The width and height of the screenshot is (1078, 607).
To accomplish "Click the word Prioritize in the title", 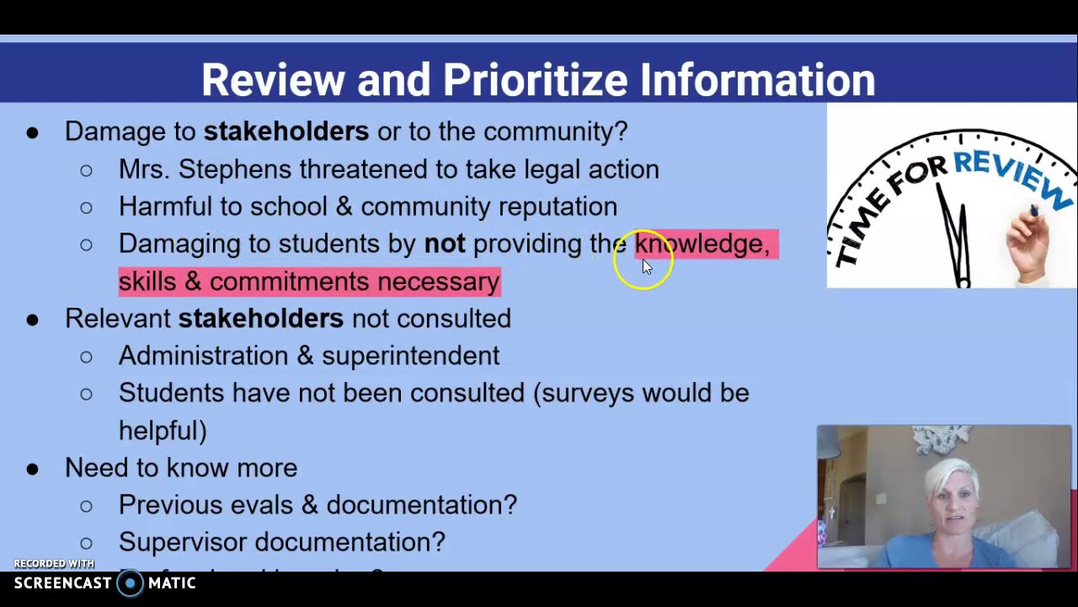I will (535, 80).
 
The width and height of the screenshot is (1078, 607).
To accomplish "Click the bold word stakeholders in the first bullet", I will (286, 132).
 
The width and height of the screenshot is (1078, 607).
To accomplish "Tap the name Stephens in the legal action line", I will (236, 169).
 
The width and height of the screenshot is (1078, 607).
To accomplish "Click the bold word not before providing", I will (444, 244).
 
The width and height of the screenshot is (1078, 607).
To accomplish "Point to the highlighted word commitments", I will (289, 282).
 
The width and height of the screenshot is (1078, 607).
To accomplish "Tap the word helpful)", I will (163, 430).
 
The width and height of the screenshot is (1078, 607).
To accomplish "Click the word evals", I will (262, 505).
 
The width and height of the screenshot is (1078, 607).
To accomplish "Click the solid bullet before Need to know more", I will (32, 468).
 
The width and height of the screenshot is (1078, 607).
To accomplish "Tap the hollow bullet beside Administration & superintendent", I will (86, 357).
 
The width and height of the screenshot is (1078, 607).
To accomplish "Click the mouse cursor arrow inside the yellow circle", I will (647, 266).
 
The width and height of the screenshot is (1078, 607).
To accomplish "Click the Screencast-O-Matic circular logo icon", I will (130, 583).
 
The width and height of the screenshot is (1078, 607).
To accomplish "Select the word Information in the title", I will (757, 80).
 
